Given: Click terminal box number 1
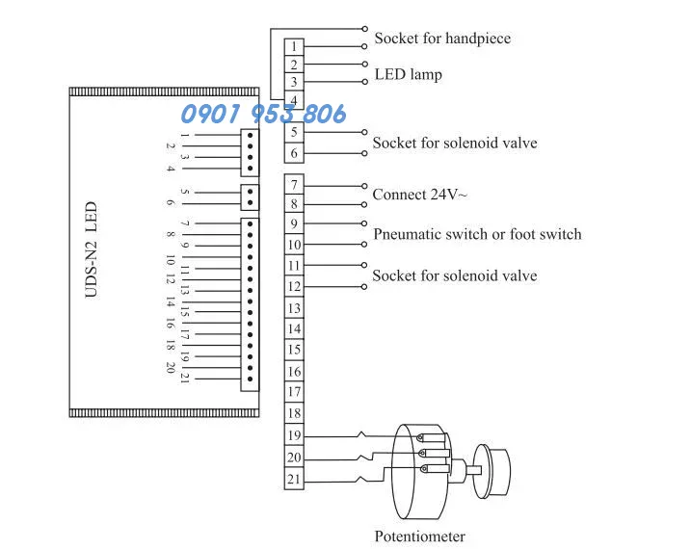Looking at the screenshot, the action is tap(294, 46).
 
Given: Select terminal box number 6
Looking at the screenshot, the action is tap(294, 153).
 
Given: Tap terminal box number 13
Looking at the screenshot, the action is tap(294, 308).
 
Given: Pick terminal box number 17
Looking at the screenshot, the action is tap(294, 392).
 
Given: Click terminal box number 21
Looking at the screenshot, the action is tap(294, 479).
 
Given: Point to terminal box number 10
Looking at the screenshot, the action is tap(294, 245).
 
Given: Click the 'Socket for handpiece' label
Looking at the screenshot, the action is tap(442, 39).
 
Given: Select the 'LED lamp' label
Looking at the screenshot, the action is tap(408, 74).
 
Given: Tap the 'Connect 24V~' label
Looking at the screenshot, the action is tap(419, 195).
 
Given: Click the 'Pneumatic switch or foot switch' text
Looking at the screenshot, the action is tap(477, 234).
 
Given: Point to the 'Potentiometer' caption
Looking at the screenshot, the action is tap(419, 536).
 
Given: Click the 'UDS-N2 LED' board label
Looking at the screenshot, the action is tap(91, 249).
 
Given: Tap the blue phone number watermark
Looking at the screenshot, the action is tap(263, 114).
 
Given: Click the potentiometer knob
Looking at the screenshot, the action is tap(492, 471).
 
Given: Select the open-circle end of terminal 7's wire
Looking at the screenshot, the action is tap(364, 186).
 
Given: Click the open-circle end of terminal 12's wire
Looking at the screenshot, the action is tap(364, 287).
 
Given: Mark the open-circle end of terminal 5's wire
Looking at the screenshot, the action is tap(364, 132).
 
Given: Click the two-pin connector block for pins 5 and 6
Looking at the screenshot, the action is tap(250, 197).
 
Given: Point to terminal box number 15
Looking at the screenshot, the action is tap(294, 350).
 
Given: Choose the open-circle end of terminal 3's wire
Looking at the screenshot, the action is tap(365, 82).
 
